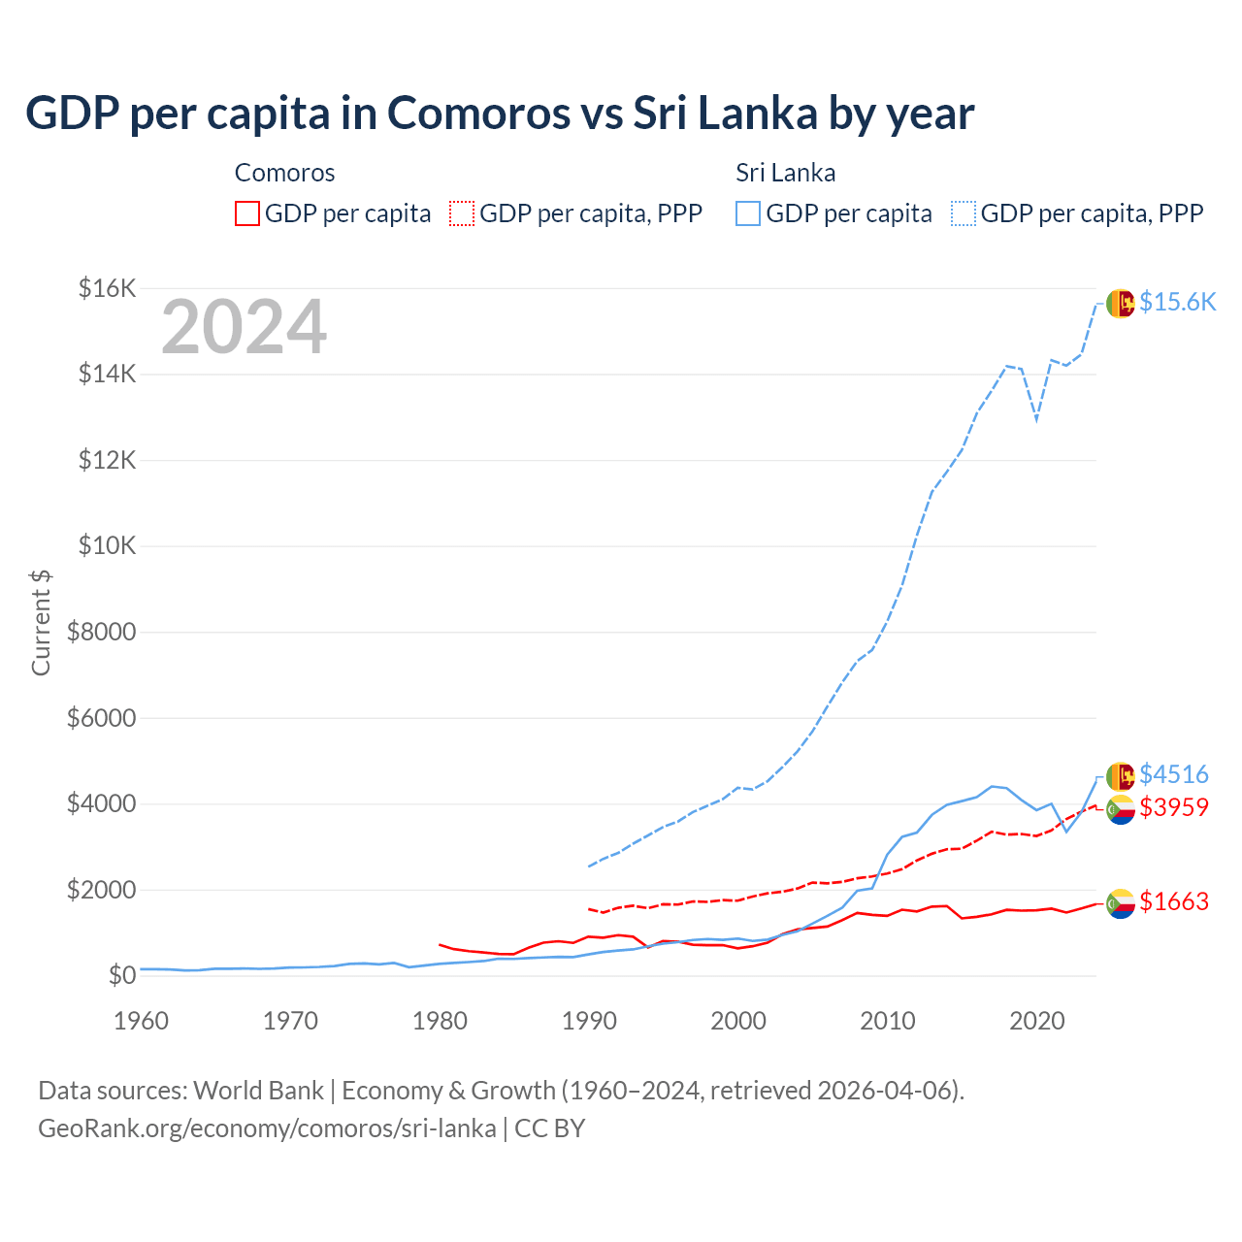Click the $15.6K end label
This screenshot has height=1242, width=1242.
pyautogui.click(x=1177, y=302)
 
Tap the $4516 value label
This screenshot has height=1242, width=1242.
pyautogui.click(x=1173, y=774)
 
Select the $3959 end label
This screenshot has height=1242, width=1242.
pyautogui.click(x=1173, y=807)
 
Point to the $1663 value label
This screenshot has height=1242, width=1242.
pyautogui.click(x=1173, y=901)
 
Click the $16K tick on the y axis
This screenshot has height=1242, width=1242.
pyautogui.click(x=107, y=288)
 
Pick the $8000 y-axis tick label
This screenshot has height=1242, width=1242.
pyautogui.click(x=101, y=633)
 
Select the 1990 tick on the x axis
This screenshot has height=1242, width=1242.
pyautogui.click(x=589, y=1021)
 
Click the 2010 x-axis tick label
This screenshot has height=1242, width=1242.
pyautogui.click(x=888, y=1021)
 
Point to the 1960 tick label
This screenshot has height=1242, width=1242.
pyautogui.click(x=142, y=1021)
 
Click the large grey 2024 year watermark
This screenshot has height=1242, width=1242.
pyautogui.click(x=244, y=328)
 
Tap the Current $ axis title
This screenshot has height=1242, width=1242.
pyautogui.click(x=41, y=623)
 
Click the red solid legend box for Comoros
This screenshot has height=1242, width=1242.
pyautogui.click(x=247, y=213)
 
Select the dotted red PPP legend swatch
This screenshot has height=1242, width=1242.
pyautogui.click(x=462, y=213)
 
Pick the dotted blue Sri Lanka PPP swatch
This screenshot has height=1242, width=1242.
pyautogui.click(x=964, y=213)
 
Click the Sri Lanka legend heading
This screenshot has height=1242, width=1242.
pyautogui.click(x=785, y=173)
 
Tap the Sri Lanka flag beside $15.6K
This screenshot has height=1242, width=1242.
pyautogui.click(x=1120, y=304)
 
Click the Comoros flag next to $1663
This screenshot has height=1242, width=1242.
pyautogui.click(x=1120, y=903)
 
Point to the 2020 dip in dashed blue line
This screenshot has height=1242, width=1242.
pyautogui.click(x=1036, y=420)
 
